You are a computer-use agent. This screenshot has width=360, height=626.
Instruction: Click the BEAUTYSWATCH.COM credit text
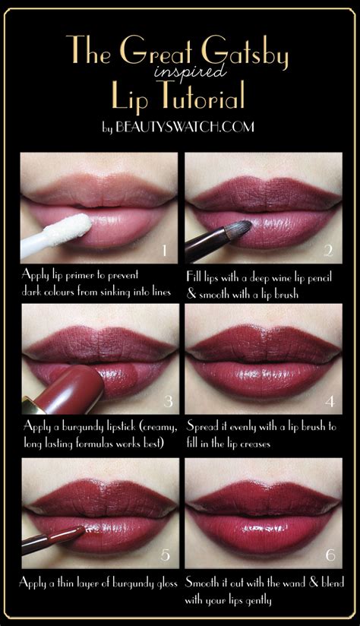[187, 127]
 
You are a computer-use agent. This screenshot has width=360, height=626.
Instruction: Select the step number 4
[330, 401]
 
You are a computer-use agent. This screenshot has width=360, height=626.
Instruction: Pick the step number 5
[166, 555]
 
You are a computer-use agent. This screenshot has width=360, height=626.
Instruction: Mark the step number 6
[330, 555]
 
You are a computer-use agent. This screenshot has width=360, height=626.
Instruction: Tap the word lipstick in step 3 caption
[116, 427]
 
